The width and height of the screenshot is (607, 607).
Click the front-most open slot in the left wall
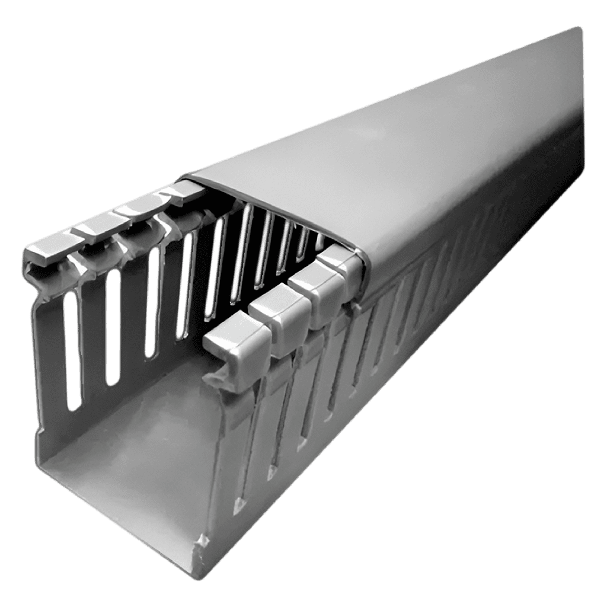pyautogui.click(x=74, y=350)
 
